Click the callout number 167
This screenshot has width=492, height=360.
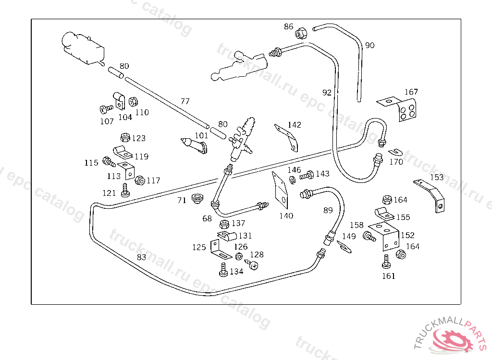411,92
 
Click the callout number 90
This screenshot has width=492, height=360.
369,46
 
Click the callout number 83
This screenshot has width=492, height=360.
141,257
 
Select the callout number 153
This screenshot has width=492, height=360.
437,177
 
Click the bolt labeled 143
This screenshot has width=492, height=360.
307,175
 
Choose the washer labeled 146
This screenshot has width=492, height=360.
293,180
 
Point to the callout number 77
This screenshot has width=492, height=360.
185,101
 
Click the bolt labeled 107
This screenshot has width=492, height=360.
105,108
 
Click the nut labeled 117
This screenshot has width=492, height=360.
140,181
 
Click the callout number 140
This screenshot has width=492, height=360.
286,216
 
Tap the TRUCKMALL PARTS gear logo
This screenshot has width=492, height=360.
455,339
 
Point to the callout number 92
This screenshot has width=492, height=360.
327,93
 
